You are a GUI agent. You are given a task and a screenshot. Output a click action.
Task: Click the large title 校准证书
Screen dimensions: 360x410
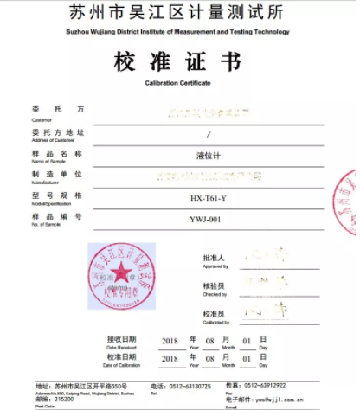click(179, 61)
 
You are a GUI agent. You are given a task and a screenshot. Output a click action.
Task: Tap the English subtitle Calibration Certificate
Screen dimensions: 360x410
click(179, 83)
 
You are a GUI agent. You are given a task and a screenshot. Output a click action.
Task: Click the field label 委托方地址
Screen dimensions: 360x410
click(58, 131)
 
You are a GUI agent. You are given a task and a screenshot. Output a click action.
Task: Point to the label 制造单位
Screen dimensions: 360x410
click(58, 174)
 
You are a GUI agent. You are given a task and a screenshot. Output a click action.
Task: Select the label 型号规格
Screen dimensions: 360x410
click(58, 195)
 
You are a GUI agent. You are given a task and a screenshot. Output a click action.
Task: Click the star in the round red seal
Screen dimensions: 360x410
click(120, 275)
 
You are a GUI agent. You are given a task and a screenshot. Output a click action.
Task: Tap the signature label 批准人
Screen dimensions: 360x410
click(213, 257)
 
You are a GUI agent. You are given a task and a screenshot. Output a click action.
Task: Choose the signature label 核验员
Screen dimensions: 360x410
click(213, 284)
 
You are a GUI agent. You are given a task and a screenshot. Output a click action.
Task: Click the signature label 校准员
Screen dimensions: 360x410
click(213, 314)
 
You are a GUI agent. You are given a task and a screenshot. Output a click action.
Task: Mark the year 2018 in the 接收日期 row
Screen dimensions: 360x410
click(169, 341)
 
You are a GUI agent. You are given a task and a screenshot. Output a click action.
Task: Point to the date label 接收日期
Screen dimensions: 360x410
click(120, 340)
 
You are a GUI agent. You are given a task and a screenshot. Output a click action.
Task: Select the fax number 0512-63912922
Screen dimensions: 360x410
click(261, 385)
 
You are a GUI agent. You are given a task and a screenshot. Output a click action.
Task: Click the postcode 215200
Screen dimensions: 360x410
click(62, 398)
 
